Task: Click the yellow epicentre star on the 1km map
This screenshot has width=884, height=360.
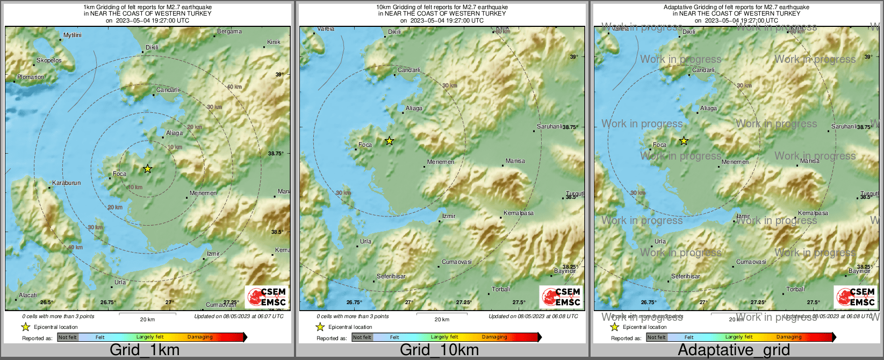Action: tap(148, 169)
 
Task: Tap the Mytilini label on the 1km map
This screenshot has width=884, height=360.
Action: tap(73, 35)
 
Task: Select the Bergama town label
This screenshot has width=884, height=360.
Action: tap(229, 32)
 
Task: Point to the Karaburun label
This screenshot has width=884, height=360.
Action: tap(67, 183)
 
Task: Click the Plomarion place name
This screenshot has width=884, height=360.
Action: tap(31, 77)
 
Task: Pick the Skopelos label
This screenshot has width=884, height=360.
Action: tap(49, 60)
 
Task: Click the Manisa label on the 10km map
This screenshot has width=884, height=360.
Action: tap(515, 161)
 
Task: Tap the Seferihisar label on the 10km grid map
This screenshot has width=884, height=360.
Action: tap(391, 276)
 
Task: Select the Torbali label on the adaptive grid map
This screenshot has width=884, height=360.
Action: tap(796, 289)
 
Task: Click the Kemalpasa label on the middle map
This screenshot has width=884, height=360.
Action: tap(519, 213)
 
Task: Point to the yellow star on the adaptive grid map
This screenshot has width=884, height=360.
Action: tap(684, 141)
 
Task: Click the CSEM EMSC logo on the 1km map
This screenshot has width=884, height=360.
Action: tap(266, 297)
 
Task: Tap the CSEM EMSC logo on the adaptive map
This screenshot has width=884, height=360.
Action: tap(855, 297)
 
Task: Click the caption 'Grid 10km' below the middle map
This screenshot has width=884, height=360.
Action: tap(439, 350)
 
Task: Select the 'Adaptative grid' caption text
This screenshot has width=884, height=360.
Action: tap(734, 350)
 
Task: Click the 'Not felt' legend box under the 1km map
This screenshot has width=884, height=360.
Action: tap(68, 337)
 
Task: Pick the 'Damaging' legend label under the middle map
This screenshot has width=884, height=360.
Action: tap(494, 337)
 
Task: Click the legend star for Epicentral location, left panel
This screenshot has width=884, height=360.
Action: tap(25, 327)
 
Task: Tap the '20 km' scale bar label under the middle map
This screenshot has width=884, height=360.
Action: tap(442, 319)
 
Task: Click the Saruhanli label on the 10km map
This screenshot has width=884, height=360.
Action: tap(550, 126)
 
